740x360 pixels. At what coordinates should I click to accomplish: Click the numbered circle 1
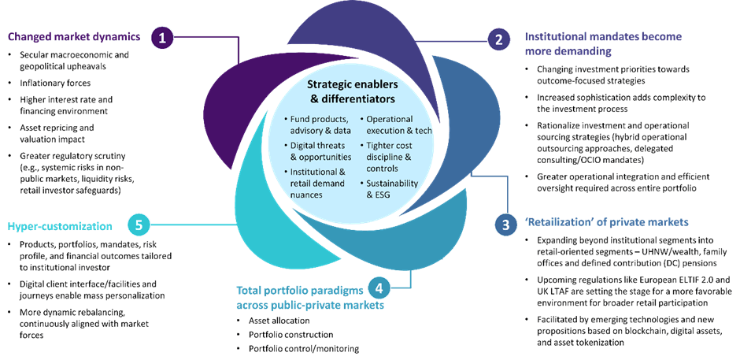tap(162, 37)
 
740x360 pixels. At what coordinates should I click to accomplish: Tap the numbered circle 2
tap(498, 39)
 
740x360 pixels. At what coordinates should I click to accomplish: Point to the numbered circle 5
tap(139, 225)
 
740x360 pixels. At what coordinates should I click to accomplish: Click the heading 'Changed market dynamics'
tap(75, 36)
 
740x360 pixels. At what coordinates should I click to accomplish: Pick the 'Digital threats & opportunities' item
tap(318, 150)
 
